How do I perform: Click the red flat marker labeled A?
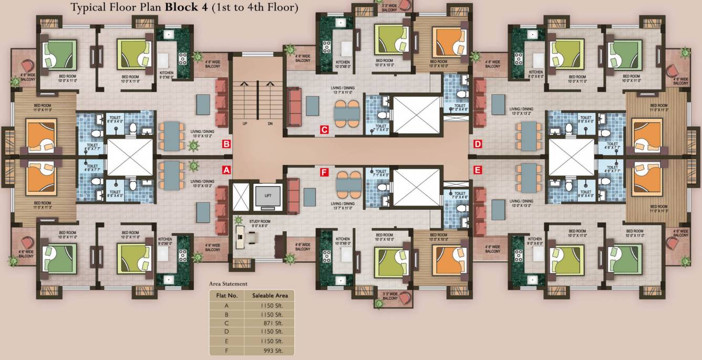[226, 170]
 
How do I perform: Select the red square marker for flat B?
[226, 143]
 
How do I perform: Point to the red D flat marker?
[478, 143]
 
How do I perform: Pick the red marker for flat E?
[478, 170]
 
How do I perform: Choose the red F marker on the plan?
[324, 171]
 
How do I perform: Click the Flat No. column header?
[228, 295]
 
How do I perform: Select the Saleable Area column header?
[270, 295]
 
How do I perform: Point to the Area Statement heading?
[228, 284]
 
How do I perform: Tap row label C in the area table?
[226, 323]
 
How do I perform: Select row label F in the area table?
[226, 349]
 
